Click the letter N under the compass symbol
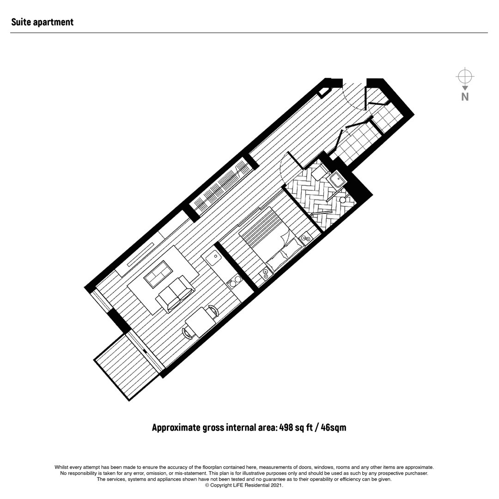465,97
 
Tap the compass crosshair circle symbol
465,77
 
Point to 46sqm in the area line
334,427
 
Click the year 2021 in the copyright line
277,485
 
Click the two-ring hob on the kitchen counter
235,281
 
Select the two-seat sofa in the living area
175,294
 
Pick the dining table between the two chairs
201,323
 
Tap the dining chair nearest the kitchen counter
213,311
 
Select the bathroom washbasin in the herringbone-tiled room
336,180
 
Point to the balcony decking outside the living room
128,365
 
